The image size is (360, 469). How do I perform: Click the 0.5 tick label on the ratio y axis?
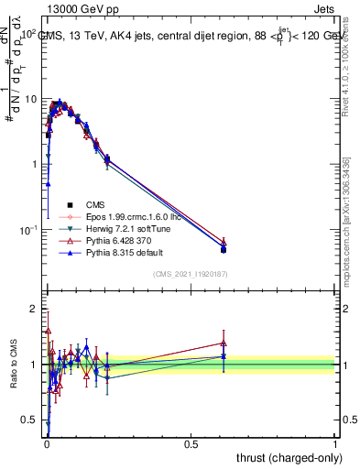click(30, 420)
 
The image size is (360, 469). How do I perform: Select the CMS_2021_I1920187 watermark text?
click(191, 274)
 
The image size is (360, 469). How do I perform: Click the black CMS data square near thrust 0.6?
click(224, 249)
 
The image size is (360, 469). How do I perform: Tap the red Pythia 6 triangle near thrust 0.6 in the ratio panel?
click(224, 343)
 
